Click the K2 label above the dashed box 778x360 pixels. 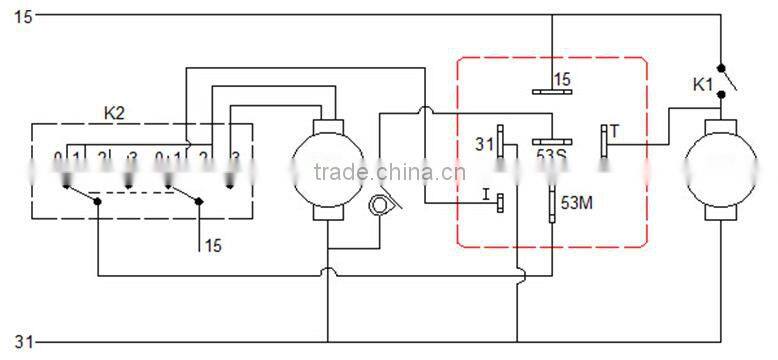coord(115,112)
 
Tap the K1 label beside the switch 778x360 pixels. coord(703,85)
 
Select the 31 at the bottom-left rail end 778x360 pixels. coord(21,342)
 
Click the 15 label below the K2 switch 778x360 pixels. coord(213,243)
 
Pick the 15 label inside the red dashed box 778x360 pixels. coord(562,79)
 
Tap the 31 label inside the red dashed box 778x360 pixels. coord(485,145)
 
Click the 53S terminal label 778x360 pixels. coord(551,155)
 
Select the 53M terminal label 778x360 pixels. coord(576,203)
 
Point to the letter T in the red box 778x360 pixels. coord(615,130)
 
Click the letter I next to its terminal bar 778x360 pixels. coord(484,196)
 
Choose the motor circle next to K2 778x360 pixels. coord(328,161)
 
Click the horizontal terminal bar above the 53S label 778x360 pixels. coord(550,140)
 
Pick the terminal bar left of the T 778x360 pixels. coord(603,141)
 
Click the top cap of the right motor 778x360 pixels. coord(721,124)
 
